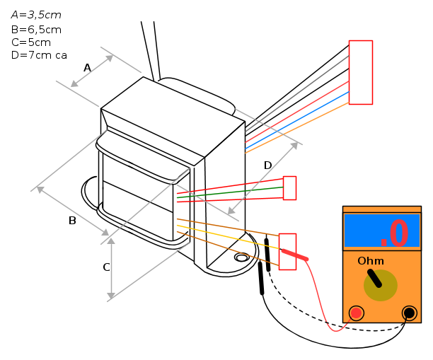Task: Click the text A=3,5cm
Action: tap(36, 15)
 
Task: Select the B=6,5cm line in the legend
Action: tap(36, 30)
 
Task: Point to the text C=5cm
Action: tap(31, 42)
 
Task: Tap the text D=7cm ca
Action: tap(39, 55)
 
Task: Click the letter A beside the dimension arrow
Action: tap(87, 68)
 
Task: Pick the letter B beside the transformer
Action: tap(72, 221)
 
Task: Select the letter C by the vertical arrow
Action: tap(106, 267)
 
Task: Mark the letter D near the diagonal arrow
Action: tap(268, 166)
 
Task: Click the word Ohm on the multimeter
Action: tap(371, 261)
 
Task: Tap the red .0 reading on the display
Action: tap(394, 233)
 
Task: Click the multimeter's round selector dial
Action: tap(380, 285)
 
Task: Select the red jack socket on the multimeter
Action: tap(356, 313)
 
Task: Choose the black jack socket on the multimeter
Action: tap(409, 313)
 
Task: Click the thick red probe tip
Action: tap(294, 255)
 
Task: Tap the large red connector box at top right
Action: tap(361, 72)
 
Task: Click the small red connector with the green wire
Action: tap(289, 188)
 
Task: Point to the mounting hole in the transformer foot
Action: tap(242, 257)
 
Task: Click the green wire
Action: tap(230, 192)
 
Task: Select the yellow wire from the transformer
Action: tap(228, 237)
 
